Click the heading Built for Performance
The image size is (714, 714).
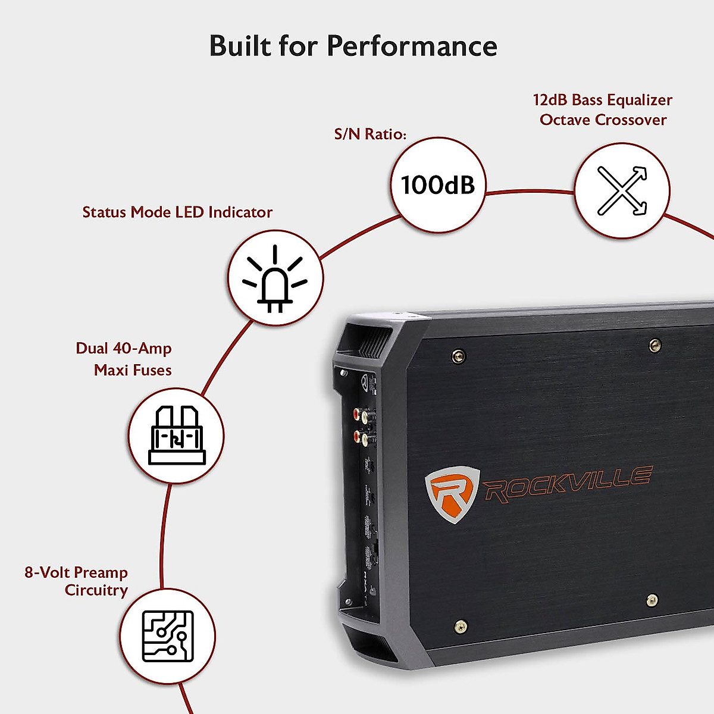(x=353, y=46)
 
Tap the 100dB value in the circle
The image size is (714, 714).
(x=438, y=185)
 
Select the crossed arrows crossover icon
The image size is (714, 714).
(x=622, y=190)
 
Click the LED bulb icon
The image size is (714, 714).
(x=275, y=278)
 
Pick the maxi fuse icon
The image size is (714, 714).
(x=176, y=435)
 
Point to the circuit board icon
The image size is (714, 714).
(x=168, y=636)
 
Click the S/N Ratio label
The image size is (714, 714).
(x=370, y=134)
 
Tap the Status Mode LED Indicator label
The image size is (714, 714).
(x=177, y=212)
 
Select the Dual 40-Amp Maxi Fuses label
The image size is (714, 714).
(x=124, y=359)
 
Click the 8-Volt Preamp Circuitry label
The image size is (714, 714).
(x=77, y=581)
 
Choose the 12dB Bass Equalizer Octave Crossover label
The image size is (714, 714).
(x=602, y=109)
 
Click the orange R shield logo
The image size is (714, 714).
(x=452, y=494)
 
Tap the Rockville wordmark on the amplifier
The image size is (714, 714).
(x=568, y=483)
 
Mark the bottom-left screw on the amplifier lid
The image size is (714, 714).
(x=460, y=625)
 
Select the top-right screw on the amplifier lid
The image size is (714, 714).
(x=654, y=344)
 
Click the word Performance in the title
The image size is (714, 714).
(x=412, y=46)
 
